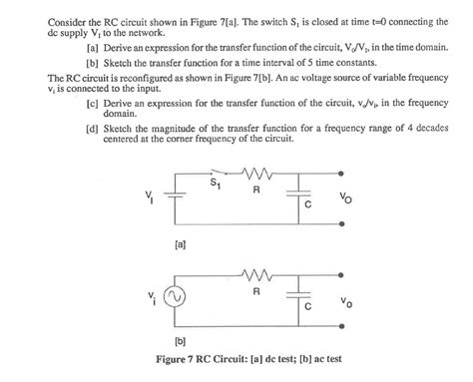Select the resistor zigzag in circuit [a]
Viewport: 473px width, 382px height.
257,176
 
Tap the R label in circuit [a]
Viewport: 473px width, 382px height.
257,190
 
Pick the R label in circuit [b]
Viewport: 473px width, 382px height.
256,293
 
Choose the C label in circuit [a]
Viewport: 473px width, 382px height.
309,206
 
